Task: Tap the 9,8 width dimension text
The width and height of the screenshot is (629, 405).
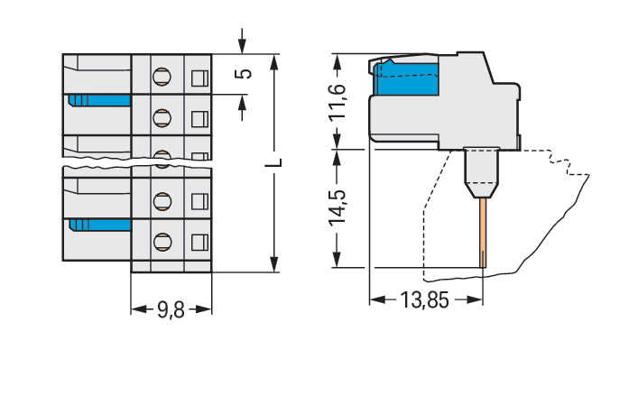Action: point(171,311)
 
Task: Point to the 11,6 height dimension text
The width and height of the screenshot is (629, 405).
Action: point(337,102)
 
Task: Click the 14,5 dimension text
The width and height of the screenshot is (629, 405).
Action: point(337,207)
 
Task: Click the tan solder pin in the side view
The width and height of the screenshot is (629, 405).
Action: point(484,232)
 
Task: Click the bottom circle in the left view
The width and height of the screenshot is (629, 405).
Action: point(162,241)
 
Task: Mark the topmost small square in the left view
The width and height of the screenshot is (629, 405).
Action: point(199,76)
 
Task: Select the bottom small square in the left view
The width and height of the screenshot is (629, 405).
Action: point(199,241)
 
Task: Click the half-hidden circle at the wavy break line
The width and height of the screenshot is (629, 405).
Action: point(162,157)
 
